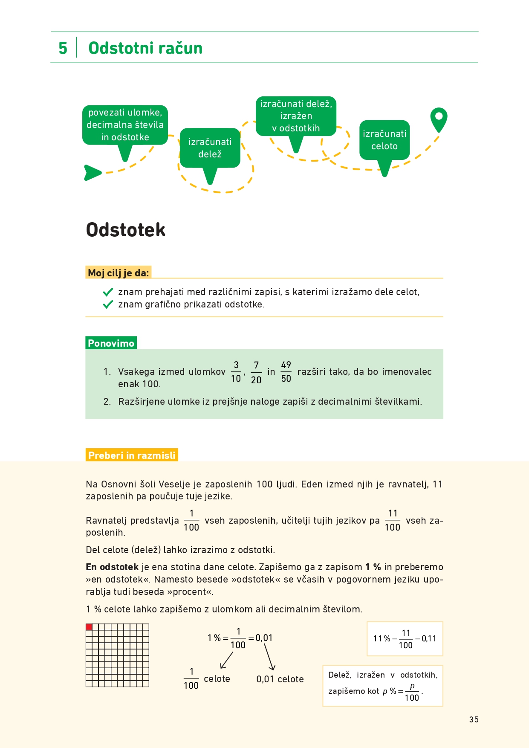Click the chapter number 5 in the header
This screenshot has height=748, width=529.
[x=63, y=48]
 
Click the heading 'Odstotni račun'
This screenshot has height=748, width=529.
[x=145, y=48]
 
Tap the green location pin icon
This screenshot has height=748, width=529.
[x=439, y=119]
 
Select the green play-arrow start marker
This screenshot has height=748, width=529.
[x=92, y=173]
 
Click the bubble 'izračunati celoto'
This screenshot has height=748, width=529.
[x=384, y=140]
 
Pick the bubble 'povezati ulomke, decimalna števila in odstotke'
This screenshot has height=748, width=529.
[x=125, y=125]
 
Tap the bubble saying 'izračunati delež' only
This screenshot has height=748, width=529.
[x=210, y=148]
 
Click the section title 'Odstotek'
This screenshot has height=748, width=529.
[x=125, y=229]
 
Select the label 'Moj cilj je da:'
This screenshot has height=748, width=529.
[x=119, y=273]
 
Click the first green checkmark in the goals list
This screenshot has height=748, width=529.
[x=108, y=292]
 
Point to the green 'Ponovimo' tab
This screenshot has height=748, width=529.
[x=111, y=343]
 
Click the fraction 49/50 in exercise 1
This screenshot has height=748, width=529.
[x=286, y=372]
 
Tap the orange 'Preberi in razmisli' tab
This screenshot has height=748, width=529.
[x=132, y=455]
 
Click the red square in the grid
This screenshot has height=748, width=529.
[x=89, y=627]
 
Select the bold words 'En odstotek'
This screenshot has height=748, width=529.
[x=112, y=567]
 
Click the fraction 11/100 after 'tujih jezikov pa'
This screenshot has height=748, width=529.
[x=393, y=520]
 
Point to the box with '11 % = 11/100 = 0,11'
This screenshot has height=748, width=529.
[x=405, y=638]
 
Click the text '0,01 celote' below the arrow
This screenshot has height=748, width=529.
[x=280, y=679]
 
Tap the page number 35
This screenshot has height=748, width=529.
[x=474, y=719]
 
